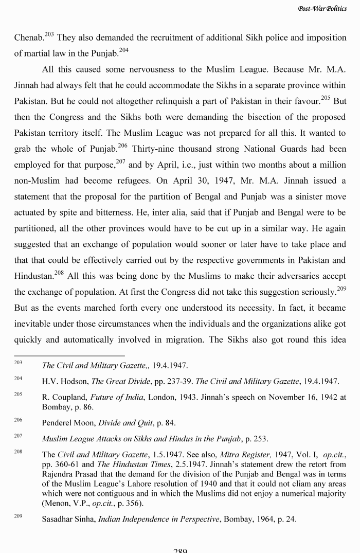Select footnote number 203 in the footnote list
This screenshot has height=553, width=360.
pos(18,364)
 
